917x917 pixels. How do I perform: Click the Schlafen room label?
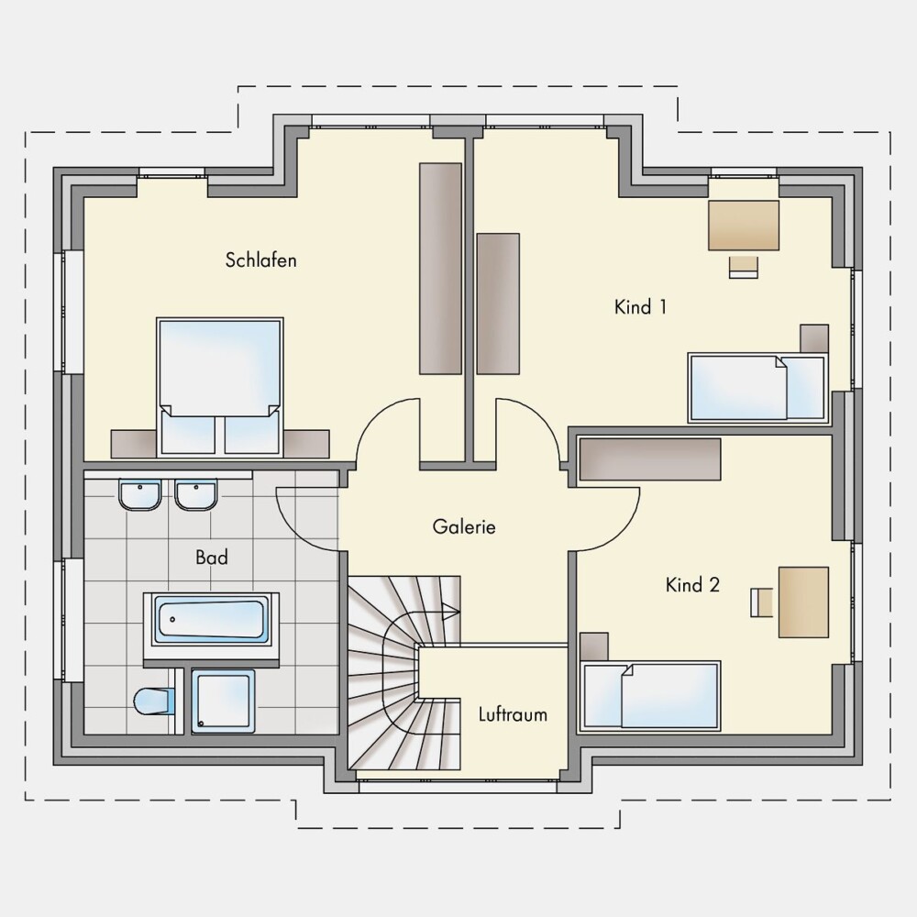point(260,260)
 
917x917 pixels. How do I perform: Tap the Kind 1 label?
point(640,307)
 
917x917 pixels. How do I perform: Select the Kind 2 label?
point(692,585)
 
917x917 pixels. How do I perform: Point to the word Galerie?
point(464,527)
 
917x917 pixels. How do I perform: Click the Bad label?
point(212,558)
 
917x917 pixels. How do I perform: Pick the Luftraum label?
point(513,714)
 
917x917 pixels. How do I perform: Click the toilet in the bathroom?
point(154,702)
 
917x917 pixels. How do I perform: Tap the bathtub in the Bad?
point(211,620)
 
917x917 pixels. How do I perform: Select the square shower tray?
point(224,702)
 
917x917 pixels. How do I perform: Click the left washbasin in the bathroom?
point(139,495)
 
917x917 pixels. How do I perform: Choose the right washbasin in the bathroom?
point(196,495)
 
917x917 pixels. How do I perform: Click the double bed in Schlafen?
point(220,387)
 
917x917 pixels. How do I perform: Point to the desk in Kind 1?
point(744,226)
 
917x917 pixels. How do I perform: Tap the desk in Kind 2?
point(803,602)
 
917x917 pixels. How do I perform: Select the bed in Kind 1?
point(758,388)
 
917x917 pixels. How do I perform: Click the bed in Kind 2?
point(650,696)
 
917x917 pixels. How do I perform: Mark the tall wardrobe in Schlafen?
point(440,269)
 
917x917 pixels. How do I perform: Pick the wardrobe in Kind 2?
point(650,459)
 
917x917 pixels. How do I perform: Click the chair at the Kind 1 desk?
point(744,267)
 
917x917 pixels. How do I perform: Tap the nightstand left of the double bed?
point(134,444)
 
